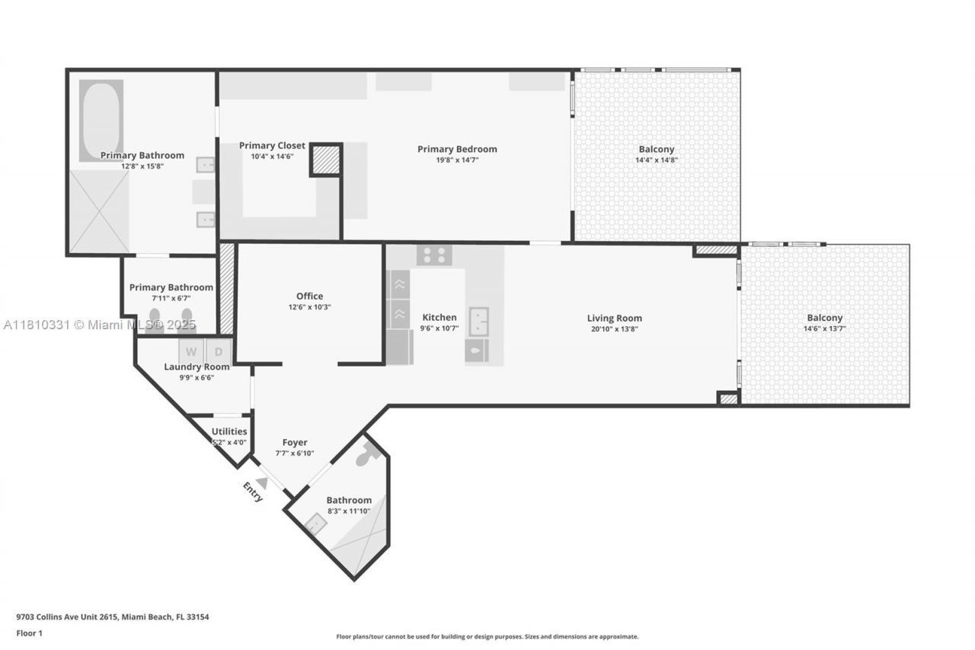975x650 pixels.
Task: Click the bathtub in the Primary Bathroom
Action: tap(101, 120)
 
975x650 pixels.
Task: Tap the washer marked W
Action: tap(191, 351)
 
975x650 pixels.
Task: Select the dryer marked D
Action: tap(219, 351)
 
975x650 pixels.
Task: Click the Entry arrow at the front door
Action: tap(262, 482)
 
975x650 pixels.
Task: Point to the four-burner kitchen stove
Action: tap(434, 255)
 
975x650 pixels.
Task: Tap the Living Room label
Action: tap(614, 318)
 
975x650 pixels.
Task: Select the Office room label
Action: tap(309, 296)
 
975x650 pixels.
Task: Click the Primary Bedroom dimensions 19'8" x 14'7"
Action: tap(457, 160)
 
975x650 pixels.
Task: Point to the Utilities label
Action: tap(229, 431)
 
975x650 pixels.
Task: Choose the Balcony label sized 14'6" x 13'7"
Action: tap(825, 318)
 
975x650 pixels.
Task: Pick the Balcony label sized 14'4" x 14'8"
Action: tap(656, 149)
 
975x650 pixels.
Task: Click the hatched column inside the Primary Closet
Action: tap(326, 160)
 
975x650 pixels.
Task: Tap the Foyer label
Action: tap(295, 442)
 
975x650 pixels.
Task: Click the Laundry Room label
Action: tap(197, 367)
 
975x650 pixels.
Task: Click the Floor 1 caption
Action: tap(30, 632)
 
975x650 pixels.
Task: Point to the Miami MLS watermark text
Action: tap(100, 325)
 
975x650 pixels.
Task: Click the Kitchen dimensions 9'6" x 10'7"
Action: tap(440, 329)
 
